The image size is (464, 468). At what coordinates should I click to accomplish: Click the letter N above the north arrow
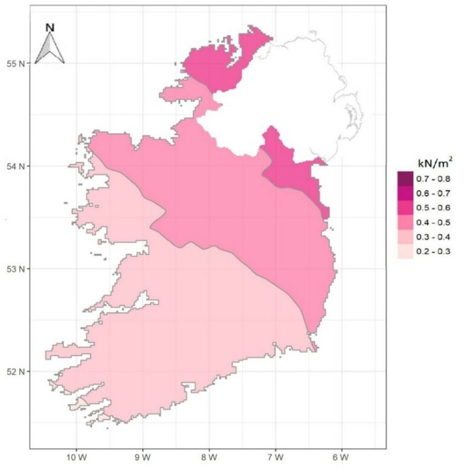pos(50,27)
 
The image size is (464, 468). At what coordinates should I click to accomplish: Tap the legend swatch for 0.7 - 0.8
pos(404,179)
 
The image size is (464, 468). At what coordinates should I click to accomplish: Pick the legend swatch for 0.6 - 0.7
pos(404,193)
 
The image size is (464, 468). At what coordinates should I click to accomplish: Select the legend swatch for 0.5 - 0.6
pos(404,208)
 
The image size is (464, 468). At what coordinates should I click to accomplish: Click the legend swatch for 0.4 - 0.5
pos(404,223)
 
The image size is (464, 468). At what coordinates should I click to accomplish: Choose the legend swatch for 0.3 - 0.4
pos(404,237)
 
